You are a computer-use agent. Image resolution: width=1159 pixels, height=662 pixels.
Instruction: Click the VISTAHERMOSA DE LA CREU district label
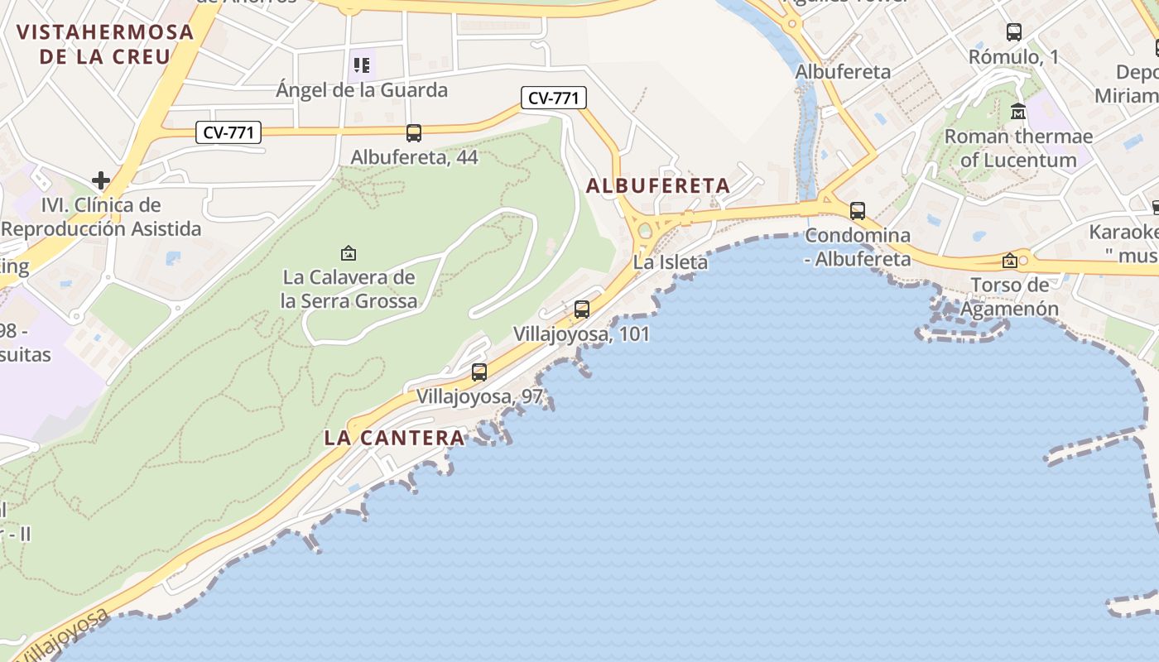(x=105, y=45)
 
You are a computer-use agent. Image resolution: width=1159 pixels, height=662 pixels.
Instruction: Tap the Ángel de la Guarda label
(x=362, y=90)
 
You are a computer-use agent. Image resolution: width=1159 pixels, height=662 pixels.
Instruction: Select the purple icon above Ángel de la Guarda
(x=362, y=65)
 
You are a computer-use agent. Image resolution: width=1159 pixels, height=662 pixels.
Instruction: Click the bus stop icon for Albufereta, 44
(x=414, y=132)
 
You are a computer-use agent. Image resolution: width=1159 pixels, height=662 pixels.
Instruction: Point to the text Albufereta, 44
(x=414, y=157)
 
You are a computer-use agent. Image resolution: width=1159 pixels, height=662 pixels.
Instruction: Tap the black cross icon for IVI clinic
(x=101, y=180)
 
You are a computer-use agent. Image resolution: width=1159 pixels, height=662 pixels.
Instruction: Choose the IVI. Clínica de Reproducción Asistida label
(x=101, y=217)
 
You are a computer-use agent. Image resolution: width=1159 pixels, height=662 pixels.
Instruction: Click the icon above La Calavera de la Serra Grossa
(x=349, y=252)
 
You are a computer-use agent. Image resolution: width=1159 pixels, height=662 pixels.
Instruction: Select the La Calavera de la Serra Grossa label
(x=349, y=289)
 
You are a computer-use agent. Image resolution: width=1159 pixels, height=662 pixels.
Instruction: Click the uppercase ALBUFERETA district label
(x=658, y=186)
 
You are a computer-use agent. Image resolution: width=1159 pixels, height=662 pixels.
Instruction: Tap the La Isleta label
(x=671, y=263)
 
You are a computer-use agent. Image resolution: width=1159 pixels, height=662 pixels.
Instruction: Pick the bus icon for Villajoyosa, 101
(x=582, y=309)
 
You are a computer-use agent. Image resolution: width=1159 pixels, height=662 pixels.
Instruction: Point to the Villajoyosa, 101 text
(x=581, y=334)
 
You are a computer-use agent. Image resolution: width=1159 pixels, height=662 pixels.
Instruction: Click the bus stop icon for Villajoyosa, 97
(x=479, y=372)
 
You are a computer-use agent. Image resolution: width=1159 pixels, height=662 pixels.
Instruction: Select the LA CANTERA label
(x=394, y=438)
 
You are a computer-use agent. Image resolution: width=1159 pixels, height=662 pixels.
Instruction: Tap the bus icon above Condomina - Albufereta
(x=858, y=211)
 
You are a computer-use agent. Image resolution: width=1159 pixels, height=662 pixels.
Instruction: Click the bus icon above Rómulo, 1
(x=1014, y=32)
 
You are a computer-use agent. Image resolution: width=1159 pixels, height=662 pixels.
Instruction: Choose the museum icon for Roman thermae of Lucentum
(x=1018, y=111)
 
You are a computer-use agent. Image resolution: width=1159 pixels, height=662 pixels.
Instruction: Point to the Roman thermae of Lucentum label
(x=1018, y=147)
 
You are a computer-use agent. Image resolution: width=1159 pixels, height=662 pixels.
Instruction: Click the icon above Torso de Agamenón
(x=1010, y=261)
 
